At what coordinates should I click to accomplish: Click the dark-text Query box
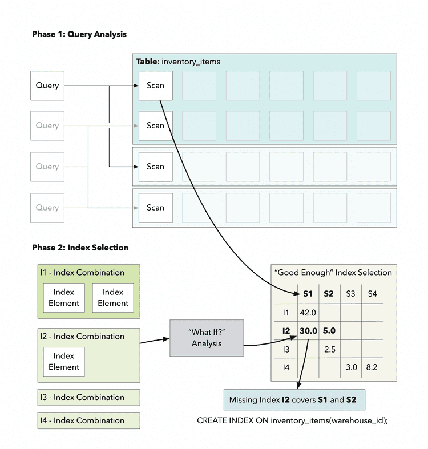pos(47,86)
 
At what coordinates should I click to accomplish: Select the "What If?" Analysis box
pos(206,337)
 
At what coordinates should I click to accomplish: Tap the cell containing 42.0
pos(307,313)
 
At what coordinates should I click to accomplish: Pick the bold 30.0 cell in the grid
pos(308,330)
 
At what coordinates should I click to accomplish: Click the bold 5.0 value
pos(329,330)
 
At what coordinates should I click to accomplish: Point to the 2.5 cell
pos(329,349)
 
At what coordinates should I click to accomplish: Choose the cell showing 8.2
pos(372,367)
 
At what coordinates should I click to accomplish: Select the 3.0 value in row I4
pos(350,367)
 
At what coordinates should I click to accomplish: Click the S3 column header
pos(350,294)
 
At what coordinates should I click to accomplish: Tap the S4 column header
pos(372,294)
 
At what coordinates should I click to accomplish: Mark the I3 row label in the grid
pos(286,349)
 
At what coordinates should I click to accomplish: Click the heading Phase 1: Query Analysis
pos(79,34)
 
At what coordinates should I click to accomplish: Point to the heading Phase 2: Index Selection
pos(80,248)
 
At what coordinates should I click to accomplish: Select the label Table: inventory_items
pos(177,62)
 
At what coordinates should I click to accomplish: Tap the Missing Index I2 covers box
pos(293,399)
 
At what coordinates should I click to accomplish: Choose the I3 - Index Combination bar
pos(88,397)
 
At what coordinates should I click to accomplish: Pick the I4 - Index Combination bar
pos(88,420)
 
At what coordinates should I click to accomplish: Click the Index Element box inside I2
pos(64,361)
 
